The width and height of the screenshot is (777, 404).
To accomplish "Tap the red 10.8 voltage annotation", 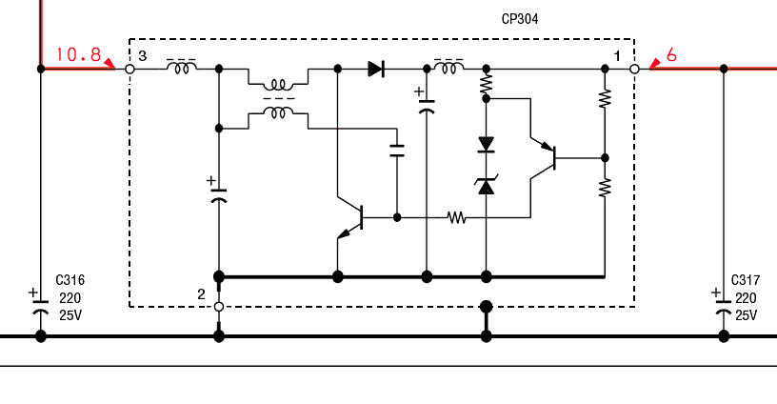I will [x=78, y=54].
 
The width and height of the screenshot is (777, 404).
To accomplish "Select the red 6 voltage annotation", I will [x=671, y=55].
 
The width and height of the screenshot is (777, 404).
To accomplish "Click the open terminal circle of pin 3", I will [x=130, y=70].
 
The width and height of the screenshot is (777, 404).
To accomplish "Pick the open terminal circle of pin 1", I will [x=634, y=70].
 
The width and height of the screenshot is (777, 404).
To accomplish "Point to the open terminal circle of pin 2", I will [x=219, y=307].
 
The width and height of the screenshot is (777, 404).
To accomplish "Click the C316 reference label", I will [x=70, y=280].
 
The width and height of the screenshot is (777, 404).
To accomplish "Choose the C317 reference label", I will [x=745, y=280].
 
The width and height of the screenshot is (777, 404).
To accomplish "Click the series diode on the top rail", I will [x=376, y=69].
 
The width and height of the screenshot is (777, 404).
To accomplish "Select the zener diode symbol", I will [x=486, y=185].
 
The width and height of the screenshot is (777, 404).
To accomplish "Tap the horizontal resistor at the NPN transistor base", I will [x=457, y=217].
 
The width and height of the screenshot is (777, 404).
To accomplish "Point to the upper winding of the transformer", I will [x=278, y=85].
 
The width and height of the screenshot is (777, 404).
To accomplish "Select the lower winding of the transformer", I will [x=278, y=113].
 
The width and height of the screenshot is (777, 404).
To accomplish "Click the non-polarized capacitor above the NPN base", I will [x=397, y=149].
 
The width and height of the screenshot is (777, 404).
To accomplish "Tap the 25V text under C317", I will [x=745, y=315].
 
